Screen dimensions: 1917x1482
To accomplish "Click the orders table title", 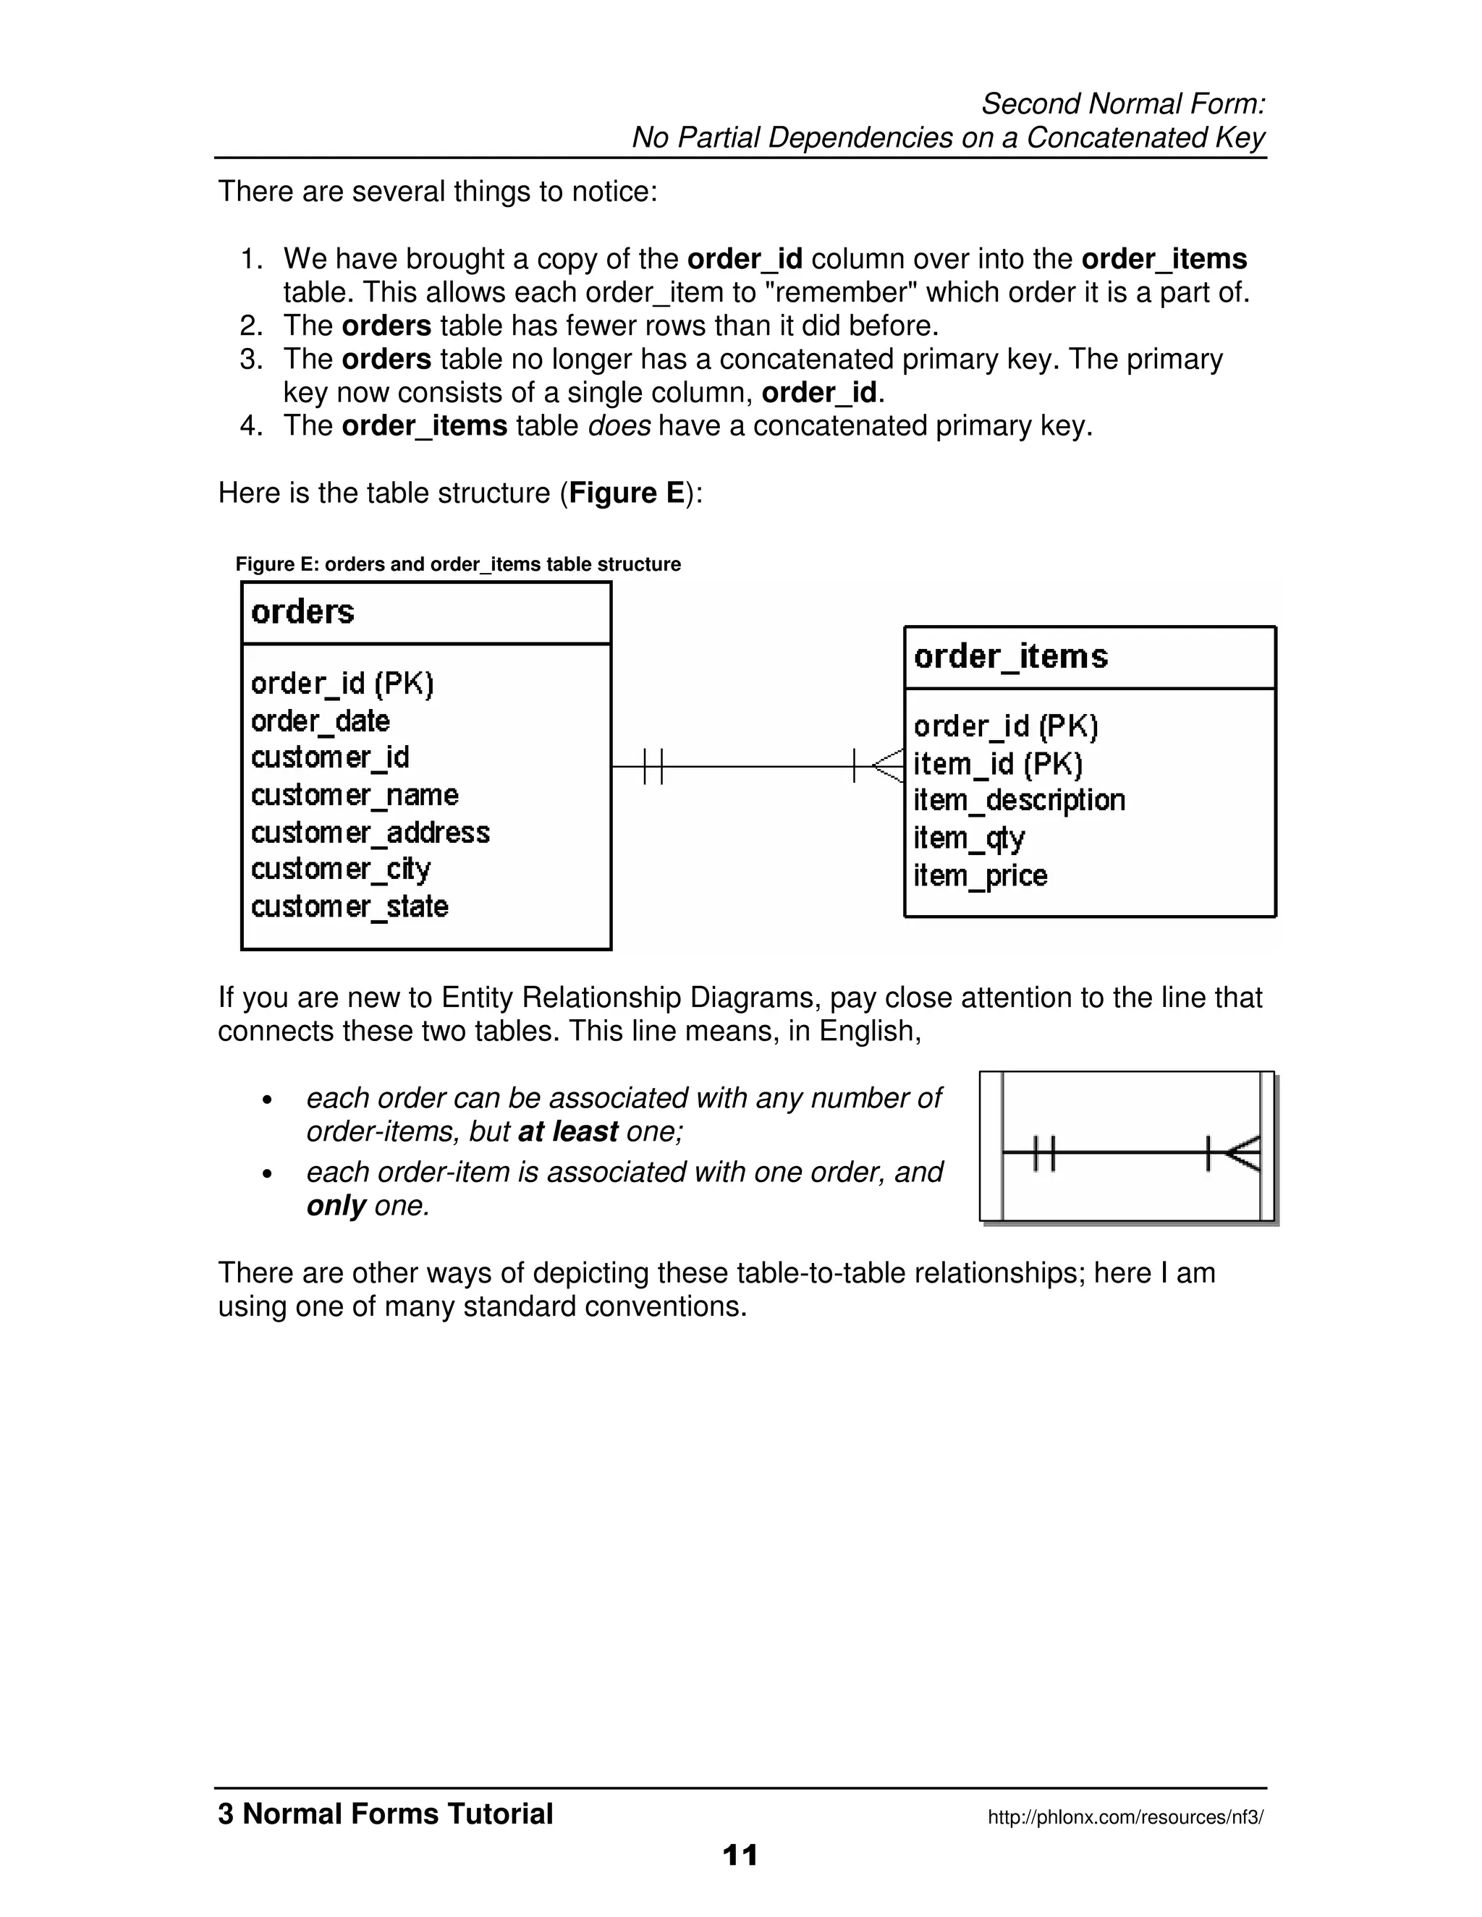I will click(x=303, y=612).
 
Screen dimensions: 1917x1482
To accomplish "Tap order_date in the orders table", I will click(x=321, y=721).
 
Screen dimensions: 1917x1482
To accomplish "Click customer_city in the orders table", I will click(x=341, y=869).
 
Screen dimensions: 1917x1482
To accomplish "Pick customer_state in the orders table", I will click(x=350, y=906).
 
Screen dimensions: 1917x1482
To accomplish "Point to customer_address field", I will click(x=370, y=832).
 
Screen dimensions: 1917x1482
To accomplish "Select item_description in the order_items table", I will click(x=1018, y=801).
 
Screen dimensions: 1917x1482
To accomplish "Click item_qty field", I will click(x=968, y=838).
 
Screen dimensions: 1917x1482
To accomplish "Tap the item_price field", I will click(x=980, y=875).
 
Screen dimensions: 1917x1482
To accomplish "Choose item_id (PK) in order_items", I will click(x=997, y=764).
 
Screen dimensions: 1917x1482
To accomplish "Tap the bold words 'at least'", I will click(x=568, y=1131).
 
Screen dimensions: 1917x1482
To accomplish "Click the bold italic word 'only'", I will click(x=335, y=1206).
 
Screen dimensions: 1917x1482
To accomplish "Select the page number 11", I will click(x=740, y=1855).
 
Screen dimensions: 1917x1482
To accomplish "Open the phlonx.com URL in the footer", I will click(x=1125, y=1817).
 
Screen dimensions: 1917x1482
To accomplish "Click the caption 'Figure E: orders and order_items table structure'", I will click(x=457, y=564).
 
